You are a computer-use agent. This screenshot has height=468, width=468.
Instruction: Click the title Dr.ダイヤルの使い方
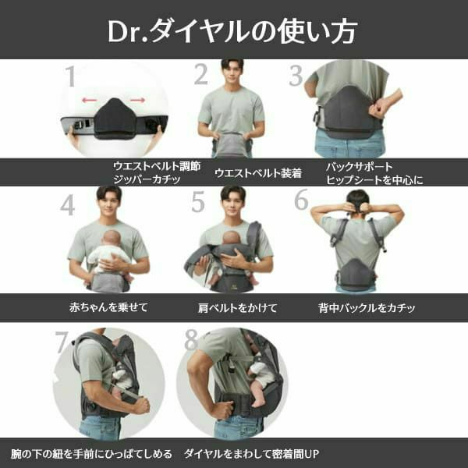[x=233, y=32]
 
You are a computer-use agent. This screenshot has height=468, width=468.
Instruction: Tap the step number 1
[x=70, y=77]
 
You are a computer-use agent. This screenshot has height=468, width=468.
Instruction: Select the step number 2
[x=201, y=75]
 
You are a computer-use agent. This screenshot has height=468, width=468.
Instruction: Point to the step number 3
[x=296, y=76]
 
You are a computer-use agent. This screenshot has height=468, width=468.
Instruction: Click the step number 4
[x=68, y=204]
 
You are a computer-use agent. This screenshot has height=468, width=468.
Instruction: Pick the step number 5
[x=198, y=202]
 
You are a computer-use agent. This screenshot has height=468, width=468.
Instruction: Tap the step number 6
[x=301, y=200]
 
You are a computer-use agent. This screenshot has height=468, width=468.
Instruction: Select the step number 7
[x=62, y=342]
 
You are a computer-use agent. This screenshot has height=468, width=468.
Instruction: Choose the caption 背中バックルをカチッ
[x=366, y=307]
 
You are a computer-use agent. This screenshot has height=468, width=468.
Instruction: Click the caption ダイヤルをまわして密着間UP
[x=252, y=453]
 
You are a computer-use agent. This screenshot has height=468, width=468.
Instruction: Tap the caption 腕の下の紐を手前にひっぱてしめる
[x=90, y=453]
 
